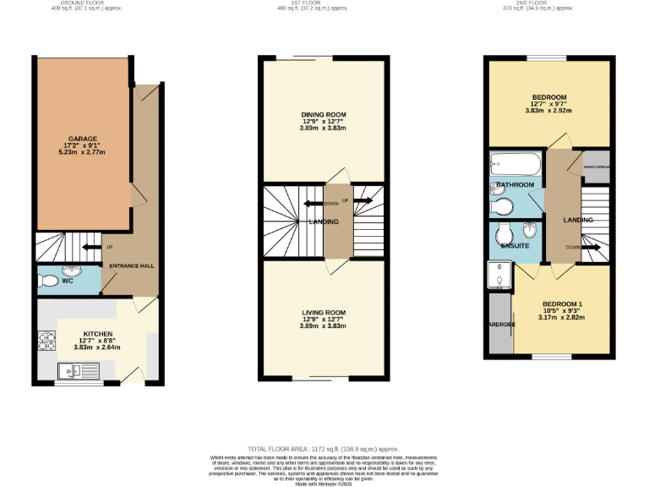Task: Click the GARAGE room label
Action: pyautogui.click(x=83, y=139)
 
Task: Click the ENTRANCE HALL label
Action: pyautogui.click(x=132, y=265)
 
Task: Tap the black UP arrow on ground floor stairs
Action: pyautogui.click(x=89, y=247)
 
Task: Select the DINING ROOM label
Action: pyautogui.click(x=324, y=114)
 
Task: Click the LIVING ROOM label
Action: pyautogui.click(x=324, y=313)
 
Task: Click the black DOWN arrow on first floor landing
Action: pyautogui.click(x=309, y=203)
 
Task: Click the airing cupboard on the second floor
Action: pyautogui.click(x=597, y=167)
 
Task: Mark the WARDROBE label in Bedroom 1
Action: pyautogui.click(x=499, y=324)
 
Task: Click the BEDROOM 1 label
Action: pyautogui.click(x=562, y=304)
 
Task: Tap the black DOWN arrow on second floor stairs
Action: pyautogui.click(x=591, y=248)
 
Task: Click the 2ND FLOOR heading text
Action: pyautogui.click(x=554, y=3)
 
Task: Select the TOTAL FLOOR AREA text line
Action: pyautogui.click(x=324, y=449)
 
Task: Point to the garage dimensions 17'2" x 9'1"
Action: pyautogui.click(x=83, y=146)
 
